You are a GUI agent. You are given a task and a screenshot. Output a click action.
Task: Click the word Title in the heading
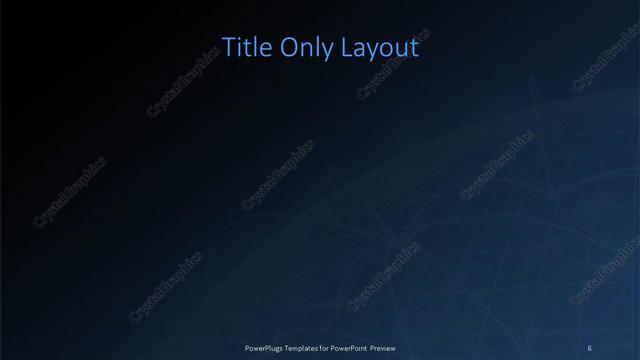tap(243, 48)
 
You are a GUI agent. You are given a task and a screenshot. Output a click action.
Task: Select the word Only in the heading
tap(302, 48)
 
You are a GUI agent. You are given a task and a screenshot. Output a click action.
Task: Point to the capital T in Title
tap(227, 47)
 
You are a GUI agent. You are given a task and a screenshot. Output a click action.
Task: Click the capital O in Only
tap(285, 47)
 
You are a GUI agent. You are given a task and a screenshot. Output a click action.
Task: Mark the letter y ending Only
tap(323, 51)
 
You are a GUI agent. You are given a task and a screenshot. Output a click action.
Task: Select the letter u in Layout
tap(400, 49)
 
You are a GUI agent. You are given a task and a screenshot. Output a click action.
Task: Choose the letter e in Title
tap(262, 49)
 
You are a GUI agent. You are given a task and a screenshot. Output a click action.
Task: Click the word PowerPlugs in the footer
tap(267, 348)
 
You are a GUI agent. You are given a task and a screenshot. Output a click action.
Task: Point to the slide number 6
tap(590, 348)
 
